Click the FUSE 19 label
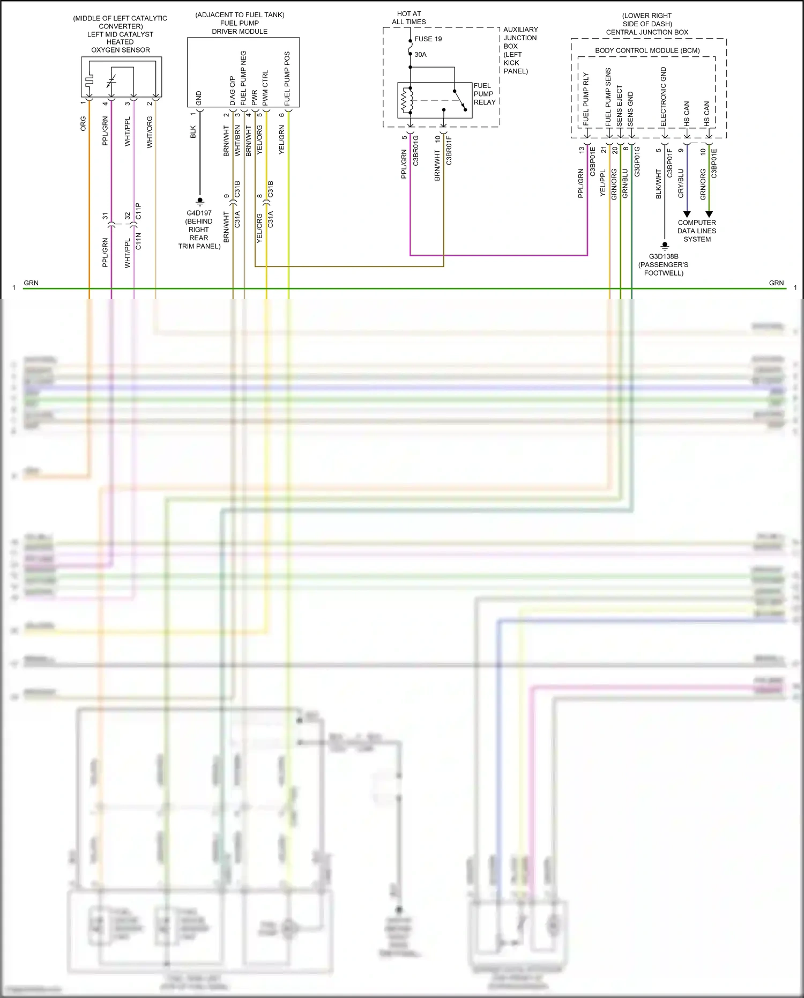(428, 39)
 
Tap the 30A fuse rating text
(420, 55)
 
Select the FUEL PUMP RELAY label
(484, 94)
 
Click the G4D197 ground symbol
(200, 202)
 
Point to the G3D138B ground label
(664, 257)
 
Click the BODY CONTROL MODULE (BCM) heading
(647, 51)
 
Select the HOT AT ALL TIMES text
(408, 18)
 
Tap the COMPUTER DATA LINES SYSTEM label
(697, 231)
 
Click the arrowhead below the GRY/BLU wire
(687, 214)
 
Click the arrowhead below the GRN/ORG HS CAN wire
(709, 214)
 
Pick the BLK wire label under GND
(193, 132)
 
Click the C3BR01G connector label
(415, 150)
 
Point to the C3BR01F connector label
(449, 150)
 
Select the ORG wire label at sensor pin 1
(83, 124)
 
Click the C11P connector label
(138, 211)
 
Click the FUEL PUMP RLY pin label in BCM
(586, 99)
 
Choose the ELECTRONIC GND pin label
(664, 97)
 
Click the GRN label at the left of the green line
(31, 283)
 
